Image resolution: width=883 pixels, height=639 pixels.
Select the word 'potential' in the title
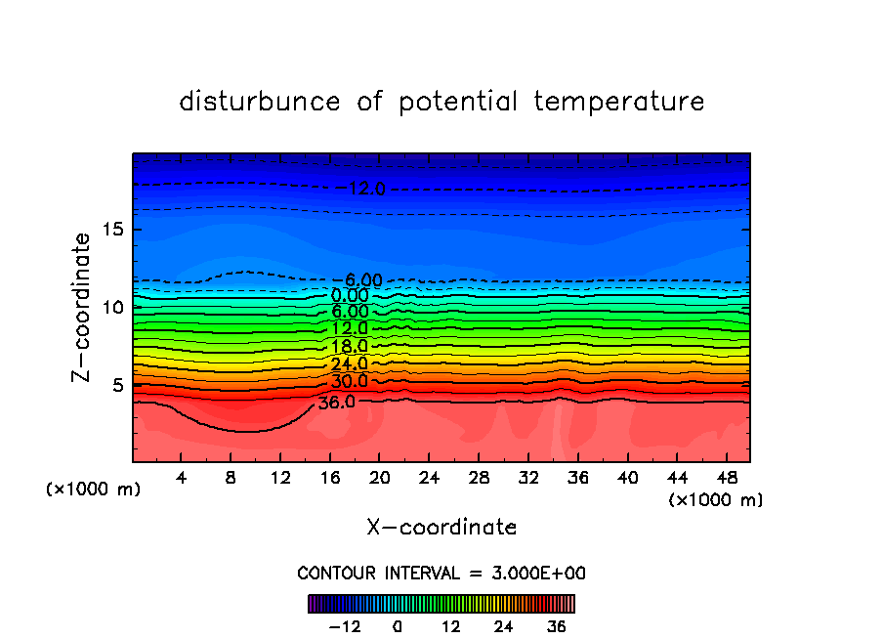[460, 103]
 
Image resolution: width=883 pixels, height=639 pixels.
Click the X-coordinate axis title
[441, 528]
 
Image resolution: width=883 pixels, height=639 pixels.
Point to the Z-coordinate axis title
[82, 307]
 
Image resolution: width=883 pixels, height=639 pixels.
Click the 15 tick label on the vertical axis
[111, 230]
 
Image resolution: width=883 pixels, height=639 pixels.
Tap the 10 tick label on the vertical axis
[111, 307]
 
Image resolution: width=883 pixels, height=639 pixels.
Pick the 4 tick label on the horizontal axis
[181, 478]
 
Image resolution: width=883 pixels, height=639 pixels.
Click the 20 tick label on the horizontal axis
[379, 478]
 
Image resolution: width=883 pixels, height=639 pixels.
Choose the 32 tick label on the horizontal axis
[527, 478]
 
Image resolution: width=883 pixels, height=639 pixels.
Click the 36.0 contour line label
[337, 401]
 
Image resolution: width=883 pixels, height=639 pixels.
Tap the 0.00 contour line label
[350, 296]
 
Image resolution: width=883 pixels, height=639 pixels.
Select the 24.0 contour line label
[349, 364]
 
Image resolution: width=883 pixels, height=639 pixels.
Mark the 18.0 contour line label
[349, 347]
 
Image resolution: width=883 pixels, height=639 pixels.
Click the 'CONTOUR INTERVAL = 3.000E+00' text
[441, 573]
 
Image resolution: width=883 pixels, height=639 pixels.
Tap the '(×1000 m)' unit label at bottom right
[716, 500]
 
